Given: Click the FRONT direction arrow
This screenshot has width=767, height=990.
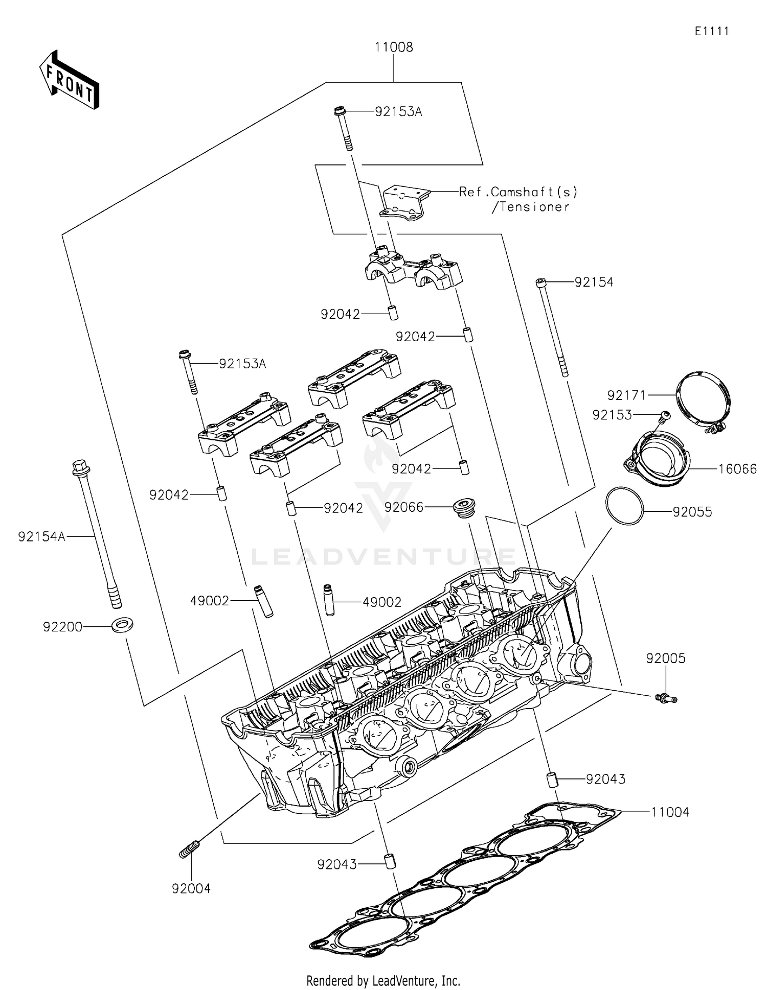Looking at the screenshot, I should coord(69,80).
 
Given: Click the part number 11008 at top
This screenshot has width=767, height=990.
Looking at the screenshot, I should coord(394,47).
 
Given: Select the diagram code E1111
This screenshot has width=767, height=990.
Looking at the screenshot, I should coord(712,31).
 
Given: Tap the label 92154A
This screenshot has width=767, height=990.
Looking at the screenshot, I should coord(41,536).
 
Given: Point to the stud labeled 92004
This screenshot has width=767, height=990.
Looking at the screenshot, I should coord(189,851).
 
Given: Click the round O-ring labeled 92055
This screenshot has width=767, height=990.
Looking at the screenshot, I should coord(624,505).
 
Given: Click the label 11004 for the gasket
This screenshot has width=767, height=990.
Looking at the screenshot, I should coord(670,812).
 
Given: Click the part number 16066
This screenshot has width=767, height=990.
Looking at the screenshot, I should coord(737,469).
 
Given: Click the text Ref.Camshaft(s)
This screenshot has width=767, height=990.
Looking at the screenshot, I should coord(518,192).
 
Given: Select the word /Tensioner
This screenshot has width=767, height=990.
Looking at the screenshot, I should coord(530,207).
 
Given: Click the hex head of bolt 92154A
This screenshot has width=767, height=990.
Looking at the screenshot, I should coord(79,466).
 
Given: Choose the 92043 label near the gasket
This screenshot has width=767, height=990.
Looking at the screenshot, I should coord(605,779).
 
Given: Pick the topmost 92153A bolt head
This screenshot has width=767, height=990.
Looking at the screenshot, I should coord(339,110).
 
